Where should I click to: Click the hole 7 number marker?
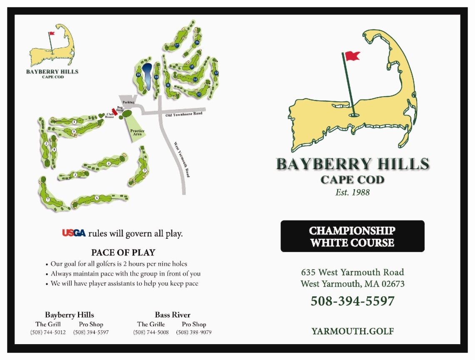click(x=48, y=200)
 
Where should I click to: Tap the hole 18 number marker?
click(x=138, y=75)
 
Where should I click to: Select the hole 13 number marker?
click(x=216, y=73)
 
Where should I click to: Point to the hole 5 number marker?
click(x=145, y=170)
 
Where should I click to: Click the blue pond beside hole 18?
click(x=147, y=76)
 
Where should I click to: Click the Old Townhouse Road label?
click(x=184, y=114)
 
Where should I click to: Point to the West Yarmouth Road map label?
click(x=182, y=160)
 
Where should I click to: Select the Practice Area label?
click(x=137, y=132)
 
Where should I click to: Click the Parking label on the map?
click(x=128, y=102)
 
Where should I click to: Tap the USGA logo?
click(x=74, y=233)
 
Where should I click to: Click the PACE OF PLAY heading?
click(x=123, y=252)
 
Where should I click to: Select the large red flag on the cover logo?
click(x=352, y=56)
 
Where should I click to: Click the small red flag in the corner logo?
click(x=52, y=33)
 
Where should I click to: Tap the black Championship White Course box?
click(x=352, y=236)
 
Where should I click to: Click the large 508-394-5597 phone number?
click(x=352, y=301)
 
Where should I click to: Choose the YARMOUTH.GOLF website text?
click(x=352, y=331)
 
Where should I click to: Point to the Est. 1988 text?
click(x=352, y=192)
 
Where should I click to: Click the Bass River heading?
click(x=172, y=315)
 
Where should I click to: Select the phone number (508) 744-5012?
click(x=48, y=332)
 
